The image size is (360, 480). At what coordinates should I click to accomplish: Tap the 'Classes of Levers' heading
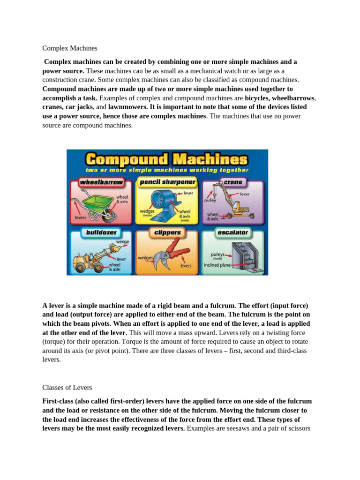(x=67, y=388)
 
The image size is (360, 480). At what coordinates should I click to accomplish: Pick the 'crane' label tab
(x=233, y=181)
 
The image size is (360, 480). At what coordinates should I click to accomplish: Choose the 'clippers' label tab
(x=167, y=232)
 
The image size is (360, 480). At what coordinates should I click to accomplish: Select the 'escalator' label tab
(x=232, y=232)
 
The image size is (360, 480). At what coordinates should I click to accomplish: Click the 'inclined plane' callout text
(x=218, y=265)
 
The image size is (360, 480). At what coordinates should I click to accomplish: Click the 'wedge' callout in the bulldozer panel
(x=122, y=242)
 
